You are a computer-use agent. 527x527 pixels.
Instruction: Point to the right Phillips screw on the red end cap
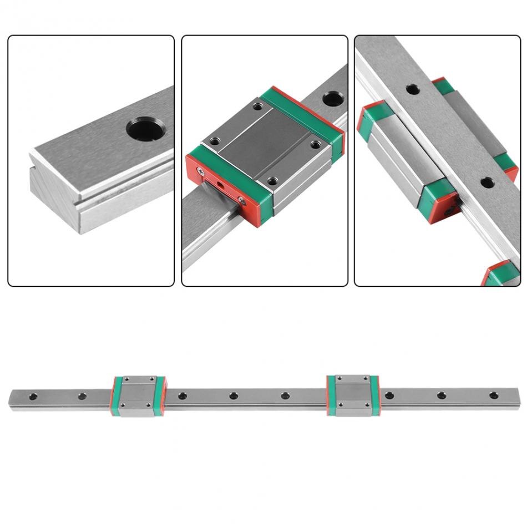click(241, 202)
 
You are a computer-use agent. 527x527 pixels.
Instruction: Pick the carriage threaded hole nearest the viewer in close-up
click(272, 181)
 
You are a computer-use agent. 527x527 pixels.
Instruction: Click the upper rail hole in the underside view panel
click(412, 89)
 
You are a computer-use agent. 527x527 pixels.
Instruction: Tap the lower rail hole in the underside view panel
click(487, 182)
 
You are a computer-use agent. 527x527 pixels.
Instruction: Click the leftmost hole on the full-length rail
click(33, 397)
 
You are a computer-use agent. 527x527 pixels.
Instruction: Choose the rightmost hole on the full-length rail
click(493, 395)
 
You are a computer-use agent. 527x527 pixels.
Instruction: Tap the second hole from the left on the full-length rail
click(82, 396)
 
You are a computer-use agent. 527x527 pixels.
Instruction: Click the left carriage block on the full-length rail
click(139, 396)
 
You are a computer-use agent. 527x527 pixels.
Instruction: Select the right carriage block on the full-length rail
click(353, 395)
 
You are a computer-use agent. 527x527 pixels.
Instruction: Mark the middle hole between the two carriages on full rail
click(234, 396)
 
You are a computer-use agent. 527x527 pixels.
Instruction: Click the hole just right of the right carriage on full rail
click(389, 395)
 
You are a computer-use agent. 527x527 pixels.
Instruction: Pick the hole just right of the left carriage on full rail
click(182, 396)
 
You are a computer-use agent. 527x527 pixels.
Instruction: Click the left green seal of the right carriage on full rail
click(331, 395)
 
